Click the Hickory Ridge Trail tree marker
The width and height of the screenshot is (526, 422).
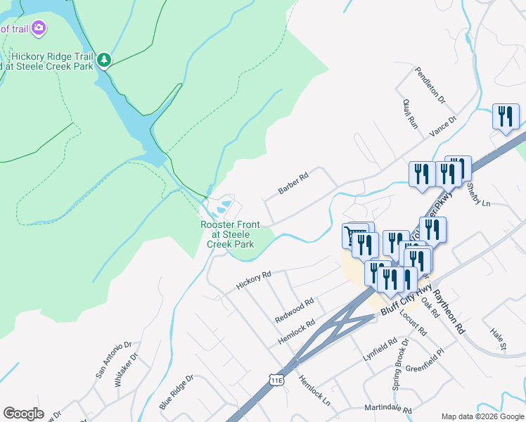tap(104, 60)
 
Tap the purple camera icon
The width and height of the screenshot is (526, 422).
tap(39, 28)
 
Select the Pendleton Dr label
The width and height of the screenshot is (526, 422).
tap(430, 85)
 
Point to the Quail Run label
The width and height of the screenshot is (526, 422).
tap(411, 113)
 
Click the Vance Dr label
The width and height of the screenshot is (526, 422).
tap(443, 125)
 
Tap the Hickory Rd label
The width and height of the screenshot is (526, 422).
tap(254, 280)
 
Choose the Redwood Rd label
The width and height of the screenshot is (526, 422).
tap(294, 309)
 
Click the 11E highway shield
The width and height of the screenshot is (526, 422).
tap(278, 381)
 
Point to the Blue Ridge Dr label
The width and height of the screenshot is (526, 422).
tap(176, 392)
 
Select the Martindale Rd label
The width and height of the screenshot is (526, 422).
tap(387, 409)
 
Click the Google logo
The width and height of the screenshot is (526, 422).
tap(23, 414)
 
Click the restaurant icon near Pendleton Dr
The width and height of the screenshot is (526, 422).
tap(505, 117)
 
